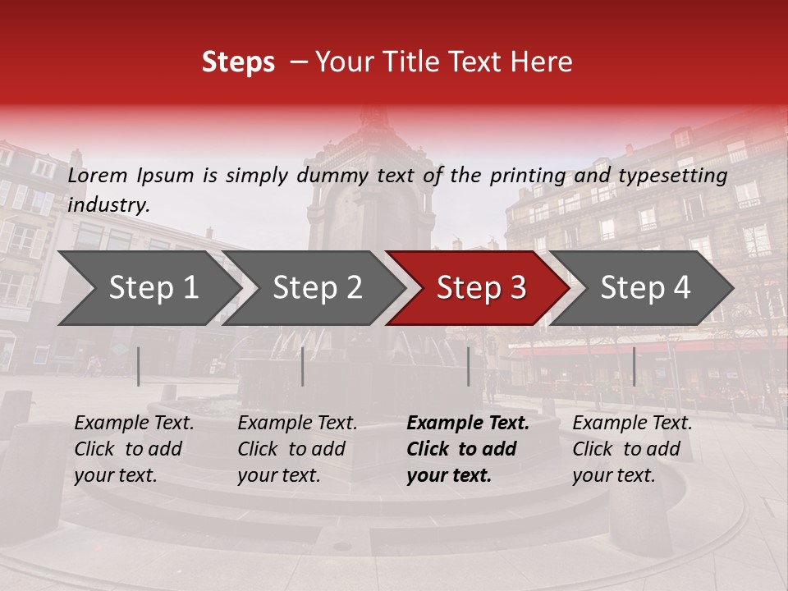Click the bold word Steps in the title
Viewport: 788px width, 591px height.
tap(238, 62)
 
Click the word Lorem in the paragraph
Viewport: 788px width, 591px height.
tap(98, 175)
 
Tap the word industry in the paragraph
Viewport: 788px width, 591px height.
tap(108, 205)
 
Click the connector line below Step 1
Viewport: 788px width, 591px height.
tap(139, 366)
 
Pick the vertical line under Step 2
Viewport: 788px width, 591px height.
tap(303, 366)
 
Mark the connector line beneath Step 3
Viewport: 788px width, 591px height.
tap(469, 366)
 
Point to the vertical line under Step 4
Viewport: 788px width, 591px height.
tap(634, 366)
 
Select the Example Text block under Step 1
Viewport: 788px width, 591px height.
tap(134, 449)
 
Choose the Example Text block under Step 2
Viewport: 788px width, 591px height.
tap(297, 449)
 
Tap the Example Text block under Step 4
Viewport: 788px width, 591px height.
tap(632, 449)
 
